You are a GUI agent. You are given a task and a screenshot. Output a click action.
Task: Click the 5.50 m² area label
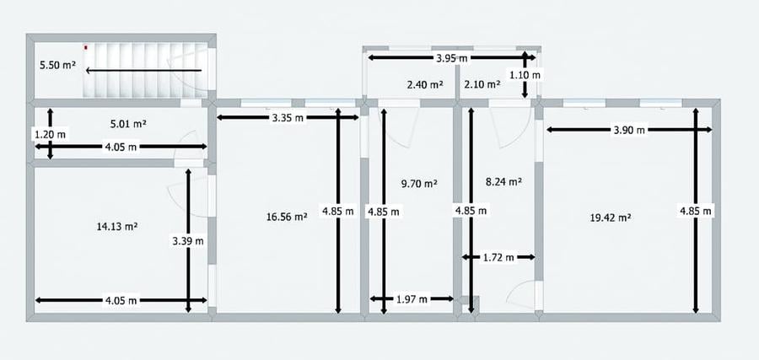(57, 64)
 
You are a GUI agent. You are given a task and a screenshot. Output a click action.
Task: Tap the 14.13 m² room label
(117, 226)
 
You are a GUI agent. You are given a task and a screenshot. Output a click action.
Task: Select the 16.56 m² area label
(287, 218)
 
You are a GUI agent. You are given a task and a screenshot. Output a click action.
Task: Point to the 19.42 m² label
(611, 218)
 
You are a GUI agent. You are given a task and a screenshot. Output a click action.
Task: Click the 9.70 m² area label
(419, 184)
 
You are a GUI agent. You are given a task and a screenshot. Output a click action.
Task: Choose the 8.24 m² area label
(503, 182)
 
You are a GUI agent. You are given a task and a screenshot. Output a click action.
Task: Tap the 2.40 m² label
(426, 84)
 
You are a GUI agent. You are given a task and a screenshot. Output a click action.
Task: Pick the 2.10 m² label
(482, 84)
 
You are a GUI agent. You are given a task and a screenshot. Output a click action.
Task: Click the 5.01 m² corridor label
(128, 124)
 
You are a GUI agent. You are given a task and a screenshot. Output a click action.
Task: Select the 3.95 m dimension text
(452, 58)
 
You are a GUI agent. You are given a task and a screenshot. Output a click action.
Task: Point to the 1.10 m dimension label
(525, 75)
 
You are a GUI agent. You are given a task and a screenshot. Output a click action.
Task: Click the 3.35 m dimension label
(288, 117)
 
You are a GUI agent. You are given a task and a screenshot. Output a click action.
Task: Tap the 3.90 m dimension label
(629, 130)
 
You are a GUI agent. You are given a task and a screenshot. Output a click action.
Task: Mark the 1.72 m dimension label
(498, 257)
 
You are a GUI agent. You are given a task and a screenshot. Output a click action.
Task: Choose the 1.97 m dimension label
(412, 299)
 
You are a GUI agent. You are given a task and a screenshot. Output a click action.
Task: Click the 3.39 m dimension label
(188, 241)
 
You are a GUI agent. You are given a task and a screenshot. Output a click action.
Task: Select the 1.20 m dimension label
(50, 133)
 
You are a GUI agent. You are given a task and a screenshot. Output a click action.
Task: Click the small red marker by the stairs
(86, 47)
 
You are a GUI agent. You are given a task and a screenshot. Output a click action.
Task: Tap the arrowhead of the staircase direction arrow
(89, 71)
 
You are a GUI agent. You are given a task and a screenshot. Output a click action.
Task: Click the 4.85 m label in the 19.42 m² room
(696, 211)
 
